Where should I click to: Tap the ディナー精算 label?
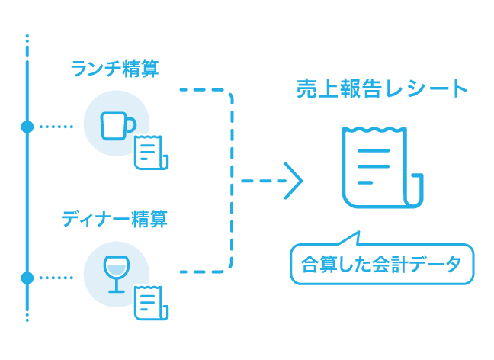pyautogui.click(x=114, y=220)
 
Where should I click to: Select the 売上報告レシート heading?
pyautogui.click(x=381, y=89)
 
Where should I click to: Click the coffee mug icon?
pyautogui.click(x=118, y=124)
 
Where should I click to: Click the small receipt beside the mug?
pyautogui.click(x=150, y=153)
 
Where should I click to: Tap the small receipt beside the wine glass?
pyautogui.click(x=150, y=303)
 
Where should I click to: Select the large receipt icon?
pyautogui.click(x=379, y=168)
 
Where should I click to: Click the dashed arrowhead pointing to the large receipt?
pyautogui.click(x=294, y=182)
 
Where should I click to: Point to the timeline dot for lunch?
pyautogui.click(x=27, y=126)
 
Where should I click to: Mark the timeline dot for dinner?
pyautogui.click(x=27, y=278)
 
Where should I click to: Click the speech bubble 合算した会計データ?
pyautogui.click(x=381, y=265)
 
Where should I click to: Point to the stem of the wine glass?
pyautogui.click(x=116, y=284)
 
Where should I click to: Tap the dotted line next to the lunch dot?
pyautogui.click(x=56, y=126)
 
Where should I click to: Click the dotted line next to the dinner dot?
pyautogui.click(x=56, y=278)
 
